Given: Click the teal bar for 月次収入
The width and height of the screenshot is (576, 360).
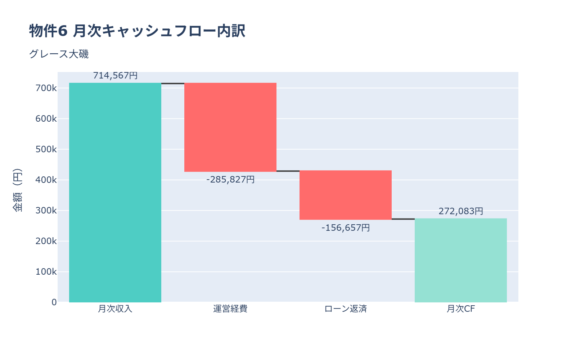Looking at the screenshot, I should [x=115, y=193].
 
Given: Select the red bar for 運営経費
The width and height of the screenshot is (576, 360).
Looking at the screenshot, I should [x=230, y=127].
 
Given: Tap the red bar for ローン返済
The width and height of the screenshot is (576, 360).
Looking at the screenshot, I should [x=346, y=195].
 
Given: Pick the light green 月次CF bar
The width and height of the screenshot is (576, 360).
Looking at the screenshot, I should [x=461, y=260].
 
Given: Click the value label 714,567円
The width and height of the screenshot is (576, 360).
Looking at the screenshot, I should [x=115, y=76].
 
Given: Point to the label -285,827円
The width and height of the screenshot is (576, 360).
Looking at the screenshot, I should [x=230, y=179].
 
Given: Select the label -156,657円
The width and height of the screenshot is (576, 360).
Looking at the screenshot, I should [x=346, y=228].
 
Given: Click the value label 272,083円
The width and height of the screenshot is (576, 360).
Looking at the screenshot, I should [x=461, y=211].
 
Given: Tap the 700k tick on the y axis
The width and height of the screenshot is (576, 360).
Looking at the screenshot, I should [x=46, y=88].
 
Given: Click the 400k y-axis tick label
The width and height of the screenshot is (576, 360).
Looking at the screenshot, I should [x=46, y=180].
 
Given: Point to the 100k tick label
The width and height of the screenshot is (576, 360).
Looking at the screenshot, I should [x=46, y=272].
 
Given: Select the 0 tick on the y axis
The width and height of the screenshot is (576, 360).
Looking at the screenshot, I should [x=54, y=302].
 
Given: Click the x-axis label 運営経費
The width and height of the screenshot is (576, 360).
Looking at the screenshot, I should [x=230, y=309].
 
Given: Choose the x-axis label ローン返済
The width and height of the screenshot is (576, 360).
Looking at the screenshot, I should [x=346, y=309].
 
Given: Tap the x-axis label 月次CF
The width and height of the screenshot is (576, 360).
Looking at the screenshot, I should [x=461, y=309].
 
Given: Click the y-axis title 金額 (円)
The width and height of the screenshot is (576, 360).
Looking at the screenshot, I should [x=17, y=190].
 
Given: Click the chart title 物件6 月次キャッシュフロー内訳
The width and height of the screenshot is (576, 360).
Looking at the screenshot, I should [x=137, y=31].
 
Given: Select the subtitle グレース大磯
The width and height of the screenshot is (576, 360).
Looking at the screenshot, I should [x=59, y=54].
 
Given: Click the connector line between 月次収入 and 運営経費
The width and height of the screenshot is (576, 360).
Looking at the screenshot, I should [x=173, y=84].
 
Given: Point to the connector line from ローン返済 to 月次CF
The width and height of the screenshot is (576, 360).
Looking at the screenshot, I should [x=403, y=219].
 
